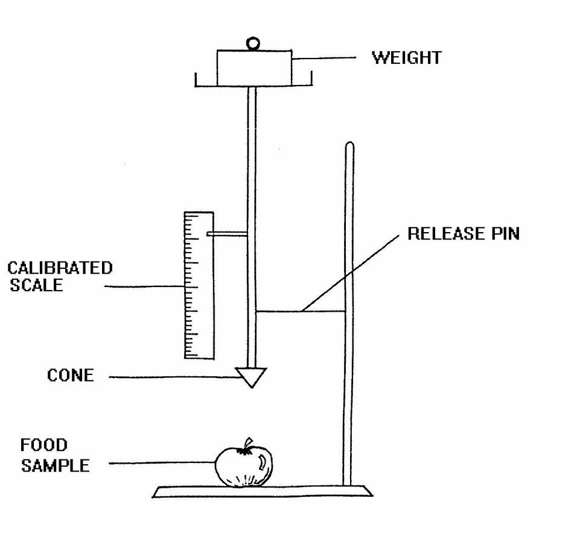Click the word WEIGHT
pos(407,58)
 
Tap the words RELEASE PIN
pos(464,233)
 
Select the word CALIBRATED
pos(60,268)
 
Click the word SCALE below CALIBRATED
pos(36,285)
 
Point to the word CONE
pos(70,376)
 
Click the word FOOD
pos(44,445)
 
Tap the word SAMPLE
pos(56,465)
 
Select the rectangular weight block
pos(255,68)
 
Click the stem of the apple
pos(248,443)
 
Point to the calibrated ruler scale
pos(199,285)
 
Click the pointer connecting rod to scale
pos(227,234)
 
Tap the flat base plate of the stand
pos(263,491)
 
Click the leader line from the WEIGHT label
pos(324,58)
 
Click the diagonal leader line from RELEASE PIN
pos(350,273)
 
